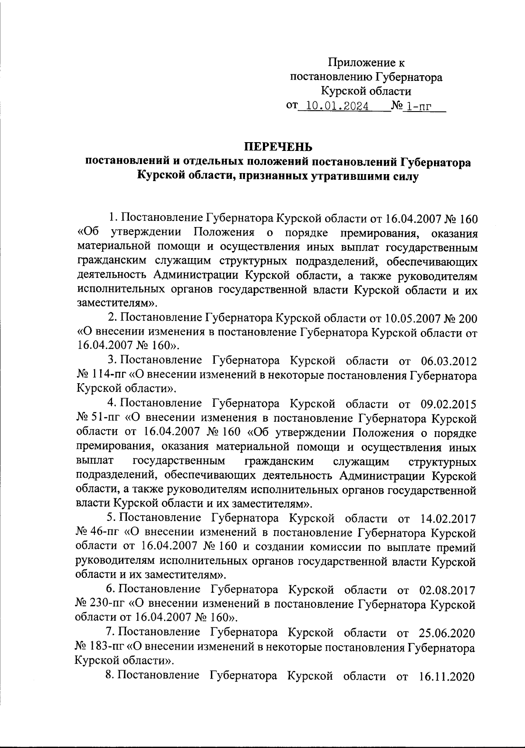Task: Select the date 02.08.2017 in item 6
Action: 448,590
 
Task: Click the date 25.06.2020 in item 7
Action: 448,633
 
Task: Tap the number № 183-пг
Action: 101,647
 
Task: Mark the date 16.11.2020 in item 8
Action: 448,676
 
